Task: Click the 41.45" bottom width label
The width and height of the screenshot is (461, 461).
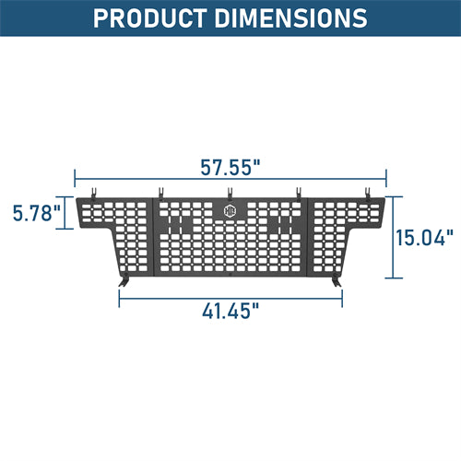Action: click(230, 310)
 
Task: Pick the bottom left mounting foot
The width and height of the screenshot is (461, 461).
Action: click(125, 278)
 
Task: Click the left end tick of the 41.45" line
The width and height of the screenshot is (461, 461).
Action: click(119, 295)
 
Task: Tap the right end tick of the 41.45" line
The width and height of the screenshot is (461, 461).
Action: click(342, 295)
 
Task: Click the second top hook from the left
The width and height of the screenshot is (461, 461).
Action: click(161, 192)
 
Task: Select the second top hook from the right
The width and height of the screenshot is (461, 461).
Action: click(298, 192)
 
